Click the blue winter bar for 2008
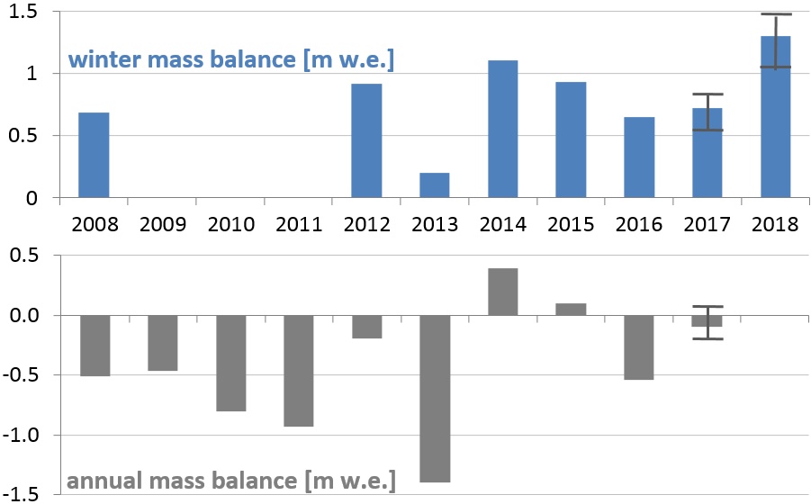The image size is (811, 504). pos(94,155)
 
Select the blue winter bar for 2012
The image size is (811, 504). pos(366,140)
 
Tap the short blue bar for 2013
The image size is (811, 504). pos(434,184)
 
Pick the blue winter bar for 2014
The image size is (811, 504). pos(502,129)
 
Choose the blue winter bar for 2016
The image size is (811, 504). pos(639,157)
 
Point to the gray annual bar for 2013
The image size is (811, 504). pos(434,399)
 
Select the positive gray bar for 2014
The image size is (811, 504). pos(502,292)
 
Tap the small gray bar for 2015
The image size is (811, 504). pos(571,310)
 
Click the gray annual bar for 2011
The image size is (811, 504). pos(298,371)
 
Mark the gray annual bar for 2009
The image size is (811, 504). pos(162,343)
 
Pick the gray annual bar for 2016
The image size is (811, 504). pos(639,347)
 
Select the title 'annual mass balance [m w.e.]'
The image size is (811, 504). pos(230,481)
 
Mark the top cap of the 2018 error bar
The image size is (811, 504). pos(775,14)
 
